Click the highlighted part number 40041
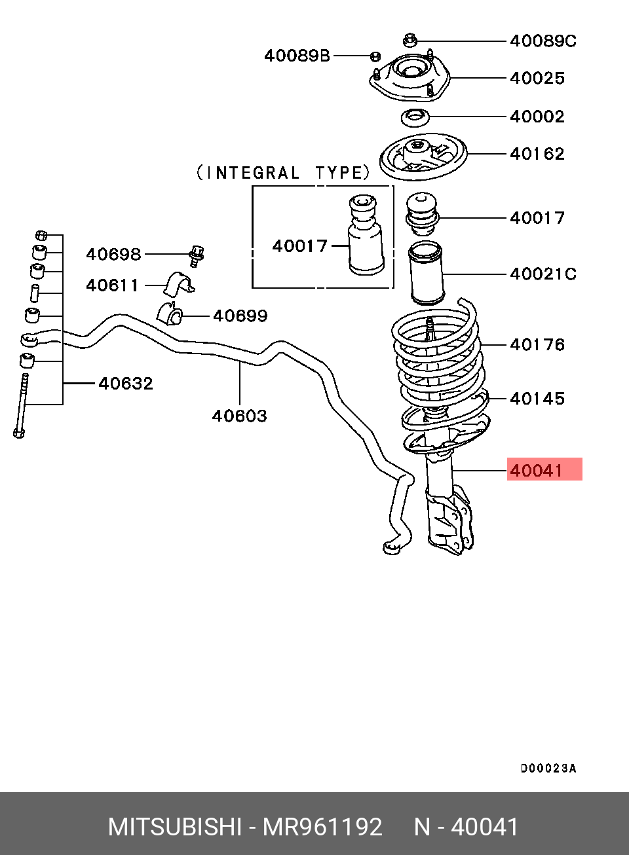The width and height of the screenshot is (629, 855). click(x=536, y=471)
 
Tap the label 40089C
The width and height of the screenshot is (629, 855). click(x=543, y=41)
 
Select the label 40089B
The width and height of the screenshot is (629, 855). click(x=297, y=56)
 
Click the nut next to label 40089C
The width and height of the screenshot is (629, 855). click(x=410, y=41)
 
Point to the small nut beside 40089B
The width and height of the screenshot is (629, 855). click(x=375, y=56)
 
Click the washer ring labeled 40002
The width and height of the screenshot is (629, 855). click(x=415, y=118)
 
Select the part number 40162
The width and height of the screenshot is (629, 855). click(x=537, y=155)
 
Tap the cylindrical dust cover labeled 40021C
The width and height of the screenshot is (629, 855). click(x=426, y=273)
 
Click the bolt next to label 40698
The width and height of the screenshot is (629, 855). click(x=197, y=256)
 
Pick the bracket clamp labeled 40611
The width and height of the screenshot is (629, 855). click(x=179, y=284)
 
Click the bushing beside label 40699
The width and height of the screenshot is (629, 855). click(x=170, y=312)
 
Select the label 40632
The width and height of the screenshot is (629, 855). click(x=126, y=383)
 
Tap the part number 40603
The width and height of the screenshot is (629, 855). click(x=239, y=416)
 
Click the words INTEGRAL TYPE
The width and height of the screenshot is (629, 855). click(x=283, y=173)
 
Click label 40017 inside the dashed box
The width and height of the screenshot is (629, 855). click(x=300, y=246)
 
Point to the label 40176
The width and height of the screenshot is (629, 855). click(x=537, y=344)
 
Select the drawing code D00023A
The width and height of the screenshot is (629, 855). click(x=548, y=769)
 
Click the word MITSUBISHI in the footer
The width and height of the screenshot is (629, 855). click(x=175, y=827)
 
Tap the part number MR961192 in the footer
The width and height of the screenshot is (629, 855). click(x=322, y=827)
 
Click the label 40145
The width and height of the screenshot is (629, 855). click(x=537, y=399)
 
